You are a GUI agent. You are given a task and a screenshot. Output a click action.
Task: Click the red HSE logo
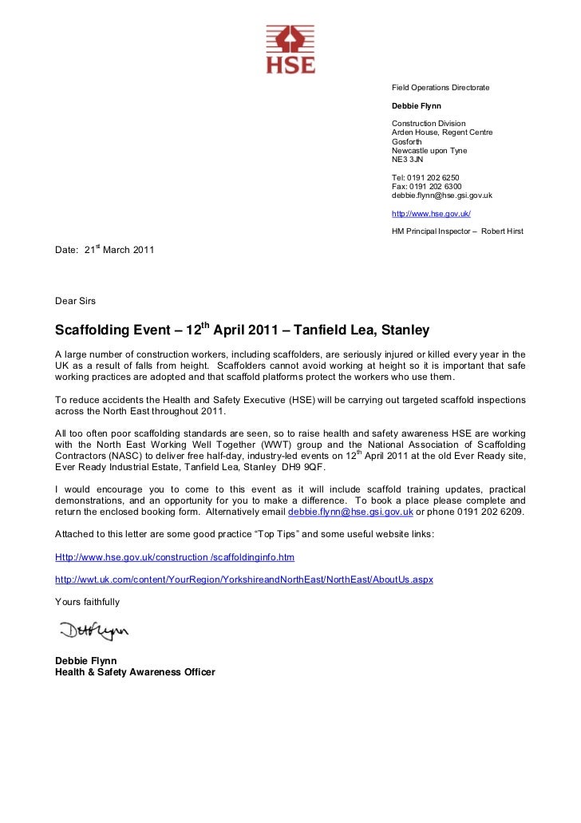tap(290, 49)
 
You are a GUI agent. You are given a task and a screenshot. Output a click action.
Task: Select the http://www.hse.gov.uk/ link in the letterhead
tap(431, 213)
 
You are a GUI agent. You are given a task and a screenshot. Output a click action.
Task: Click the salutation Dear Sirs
tap(75, 301)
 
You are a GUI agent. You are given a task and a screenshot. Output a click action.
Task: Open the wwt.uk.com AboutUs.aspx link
tap(243, 579)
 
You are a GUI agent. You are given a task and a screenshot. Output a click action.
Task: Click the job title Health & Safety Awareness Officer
tap(135, 672)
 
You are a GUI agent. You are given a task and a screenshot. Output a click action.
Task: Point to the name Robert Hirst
tap(503, 231)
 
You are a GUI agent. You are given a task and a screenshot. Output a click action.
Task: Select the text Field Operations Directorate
tap(440, 87)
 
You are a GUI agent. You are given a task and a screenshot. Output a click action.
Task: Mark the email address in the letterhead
tap(441, 195)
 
